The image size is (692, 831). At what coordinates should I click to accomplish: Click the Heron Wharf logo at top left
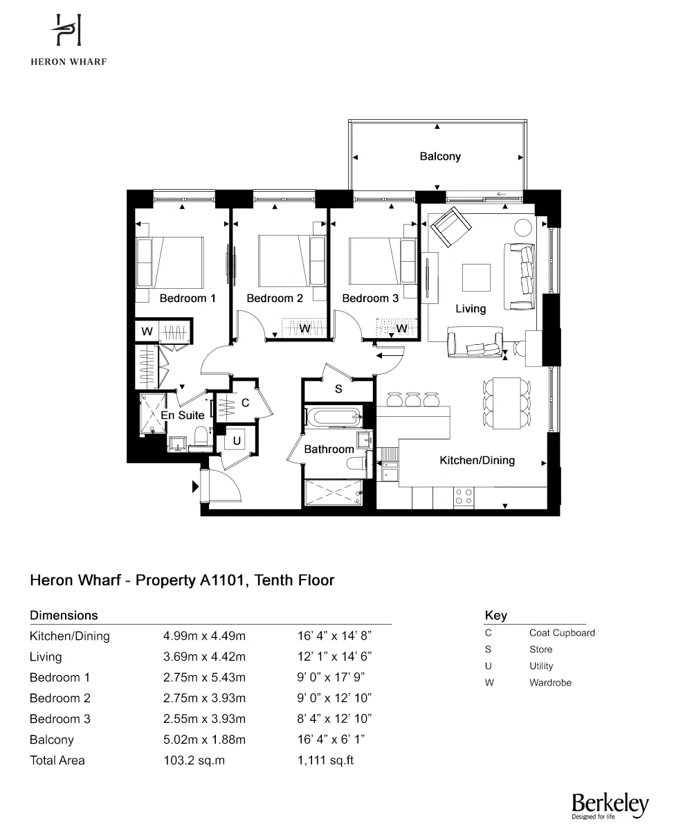68,38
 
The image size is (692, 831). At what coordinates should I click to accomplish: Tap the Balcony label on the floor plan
440,157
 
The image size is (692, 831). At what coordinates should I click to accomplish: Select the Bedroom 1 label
188,298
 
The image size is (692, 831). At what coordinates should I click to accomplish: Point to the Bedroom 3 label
370,298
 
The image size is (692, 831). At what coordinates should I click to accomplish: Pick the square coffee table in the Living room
476,278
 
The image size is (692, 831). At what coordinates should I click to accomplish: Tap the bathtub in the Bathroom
334,418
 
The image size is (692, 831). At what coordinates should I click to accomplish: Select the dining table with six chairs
504,403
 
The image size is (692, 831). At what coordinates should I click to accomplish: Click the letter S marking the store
338,389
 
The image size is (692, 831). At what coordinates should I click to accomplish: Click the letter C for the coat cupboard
245,403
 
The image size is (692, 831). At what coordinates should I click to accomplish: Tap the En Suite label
183,415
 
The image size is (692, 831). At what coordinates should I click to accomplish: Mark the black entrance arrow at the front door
196,488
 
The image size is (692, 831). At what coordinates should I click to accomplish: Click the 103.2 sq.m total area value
194,760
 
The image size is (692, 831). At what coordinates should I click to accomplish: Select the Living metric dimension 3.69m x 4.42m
204,656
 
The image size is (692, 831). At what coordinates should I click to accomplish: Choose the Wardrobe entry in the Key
550,683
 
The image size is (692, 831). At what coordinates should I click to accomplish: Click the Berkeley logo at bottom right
610,805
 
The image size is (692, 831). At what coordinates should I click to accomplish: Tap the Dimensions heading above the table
64,615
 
